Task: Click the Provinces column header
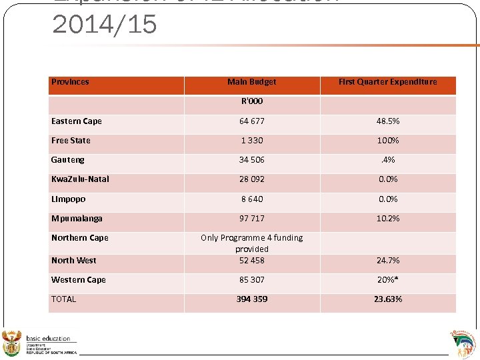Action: click(x=70, y=82)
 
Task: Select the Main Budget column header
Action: click(x=251, y=82)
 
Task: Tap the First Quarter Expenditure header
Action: click(x=387, y=82)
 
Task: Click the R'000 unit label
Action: click(x=251, y=101)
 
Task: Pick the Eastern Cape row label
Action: click(x=77, y=121)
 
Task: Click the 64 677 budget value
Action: click(x=251, y=121)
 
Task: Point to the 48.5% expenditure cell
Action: click(x=387, y=121)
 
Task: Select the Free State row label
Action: click(x=71, y=141)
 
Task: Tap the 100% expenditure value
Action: click(x=387, y=141)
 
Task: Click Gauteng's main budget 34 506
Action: click(x=251, y=160)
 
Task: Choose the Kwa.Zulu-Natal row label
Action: click(x=80, y=179)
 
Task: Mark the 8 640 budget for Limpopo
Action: click(x=251, y=199)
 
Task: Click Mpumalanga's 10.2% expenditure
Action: click(x=387, y=218)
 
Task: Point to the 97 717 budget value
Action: click(x=251, y=218)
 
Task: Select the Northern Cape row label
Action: click(x=79, y=238)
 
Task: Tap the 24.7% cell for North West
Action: click(x=387, y=261)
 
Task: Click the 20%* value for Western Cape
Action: click(x=387, y=280)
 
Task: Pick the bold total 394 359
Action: click(x=251, y=299)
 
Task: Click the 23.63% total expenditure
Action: click(x=387, y=299)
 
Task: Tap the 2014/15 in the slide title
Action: click(x=105, y=25)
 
